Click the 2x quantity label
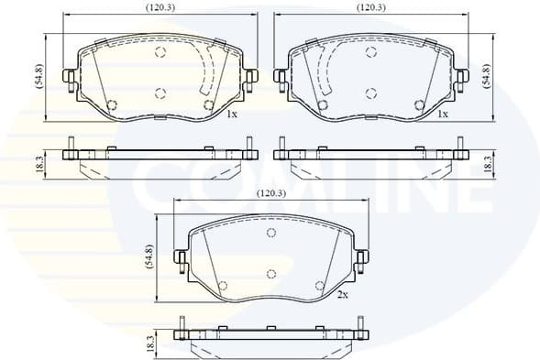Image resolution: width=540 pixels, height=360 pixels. click(x=342, y=295)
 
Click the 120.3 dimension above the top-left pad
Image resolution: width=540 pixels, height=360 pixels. click(x=161, y=7)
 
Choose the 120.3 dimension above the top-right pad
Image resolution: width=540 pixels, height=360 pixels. click(x=371, y=7)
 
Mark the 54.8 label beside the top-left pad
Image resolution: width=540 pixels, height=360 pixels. click(x=39, y=76)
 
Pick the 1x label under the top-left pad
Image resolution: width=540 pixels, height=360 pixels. click(x=232, y=115)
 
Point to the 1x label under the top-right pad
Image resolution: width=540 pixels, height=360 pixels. click(x=443, y=115)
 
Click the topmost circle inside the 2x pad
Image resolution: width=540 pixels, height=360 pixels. click(x=271, y=233)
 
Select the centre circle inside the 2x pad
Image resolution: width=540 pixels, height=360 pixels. click(x=271, y=274)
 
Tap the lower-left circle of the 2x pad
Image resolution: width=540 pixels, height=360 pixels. click(x=223, y=286)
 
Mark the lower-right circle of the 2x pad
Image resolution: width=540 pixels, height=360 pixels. click(x=319, y=286)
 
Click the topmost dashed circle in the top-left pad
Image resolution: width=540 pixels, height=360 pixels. click(x=160, y=52)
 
